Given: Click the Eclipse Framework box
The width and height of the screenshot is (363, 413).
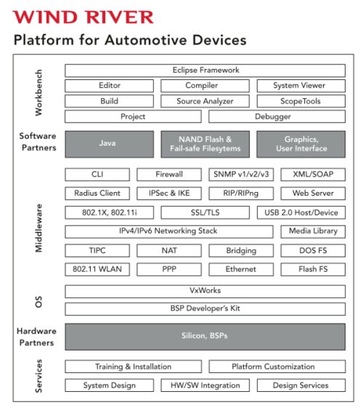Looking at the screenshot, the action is (205, 71).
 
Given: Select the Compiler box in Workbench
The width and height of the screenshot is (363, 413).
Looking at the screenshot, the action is (205, 86).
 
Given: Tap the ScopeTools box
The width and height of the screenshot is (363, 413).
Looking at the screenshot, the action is (301, 101).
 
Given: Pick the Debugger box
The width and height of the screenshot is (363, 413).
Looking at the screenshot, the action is (277, 116).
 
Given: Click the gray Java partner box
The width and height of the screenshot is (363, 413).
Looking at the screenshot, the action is (109, 144).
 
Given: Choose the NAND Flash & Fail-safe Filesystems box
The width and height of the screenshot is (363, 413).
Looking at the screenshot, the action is (205, 144).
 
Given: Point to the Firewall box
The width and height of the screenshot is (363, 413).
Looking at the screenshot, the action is (169, 175).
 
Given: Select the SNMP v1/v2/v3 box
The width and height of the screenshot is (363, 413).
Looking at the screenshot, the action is (241, 175).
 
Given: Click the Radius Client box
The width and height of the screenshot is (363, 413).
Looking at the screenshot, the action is (97, 193).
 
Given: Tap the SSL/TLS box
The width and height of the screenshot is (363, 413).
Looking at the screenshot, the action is (205, 212).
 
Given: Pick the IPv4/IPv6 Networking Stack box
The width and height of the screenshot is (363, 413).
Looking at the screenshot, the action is (169, 231).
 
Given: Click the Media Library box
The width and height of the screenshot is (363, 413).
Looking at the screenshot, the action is (313, 231).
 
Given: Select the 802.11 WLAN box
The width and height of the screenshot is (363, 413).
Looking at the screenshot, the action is (97, 269).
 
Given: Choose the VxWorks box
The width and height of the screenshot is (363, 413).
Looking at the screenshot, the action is (205, 291).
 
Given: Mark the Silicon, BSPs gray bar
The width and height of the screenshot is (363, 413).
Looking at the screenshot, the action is (205, 337).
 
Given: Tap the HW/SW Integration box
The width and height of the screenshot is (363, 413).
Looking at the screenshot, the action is (205, 385).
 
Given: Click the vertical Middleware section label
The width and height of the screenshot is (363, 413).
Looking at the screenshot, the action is (38, 228).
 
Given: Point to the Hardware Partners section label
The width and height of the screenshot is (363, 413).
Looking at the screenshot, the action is (36, 337).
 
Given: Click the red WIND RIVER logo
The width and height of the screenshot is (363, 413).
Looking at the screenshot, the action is (83, 17).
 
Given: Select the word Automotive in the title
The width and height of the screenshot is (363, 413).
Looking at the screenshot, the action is (145, 40).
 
